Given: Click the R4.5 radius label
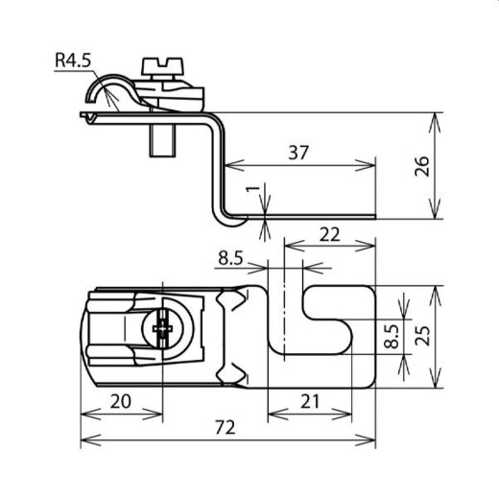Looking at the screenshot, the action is pyautogui.click(x=73, y=59).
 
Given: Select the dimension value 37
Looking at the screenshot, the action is pyautogui.click(x=298, y=153).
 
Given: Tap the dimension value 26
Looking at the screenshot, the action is pyautogui.click(x=422, y=166).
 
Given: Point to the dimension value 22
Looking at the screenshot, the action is pyautogui.click(x=330, y=235).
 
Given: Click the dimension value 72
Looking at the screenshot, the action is pyautogui.click(x=226, y=427).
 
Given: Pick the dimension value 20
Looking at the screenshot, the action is pyautogui.click(x=121, y=401).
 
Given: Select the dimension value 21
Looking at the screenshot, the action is pyautogui.click(x=310, y=401).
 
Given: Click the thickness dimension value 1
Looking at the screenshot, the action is pyautogui.click(x=252, y=188).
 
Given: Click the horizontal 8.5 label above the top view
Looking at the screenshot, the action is pyautogui.click(x=230, y=257).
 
